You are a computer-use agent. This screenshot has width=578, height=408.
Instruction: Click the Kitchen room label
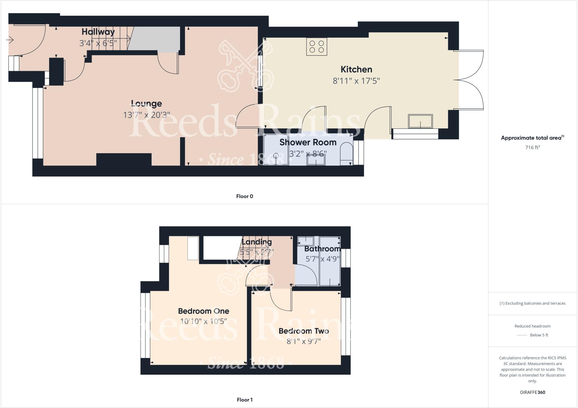point(356,69)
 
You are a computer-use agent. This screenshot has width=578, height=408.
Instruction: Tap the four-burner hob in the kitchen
point(316,47)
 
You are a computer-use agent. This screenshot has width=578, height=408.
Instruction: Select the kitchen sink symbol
point(420,121)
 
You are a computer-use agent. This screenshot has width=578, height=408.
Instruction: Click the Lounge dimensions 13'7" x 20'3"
point(146,115)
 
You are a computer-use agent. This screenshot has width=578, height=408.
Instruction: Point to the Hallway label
point(98,32)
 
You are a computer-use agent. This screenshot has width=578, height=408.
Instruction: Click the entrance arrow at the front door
point(10,40)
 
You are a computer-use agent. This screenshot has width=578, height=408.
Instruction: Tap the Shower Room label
point(308,142)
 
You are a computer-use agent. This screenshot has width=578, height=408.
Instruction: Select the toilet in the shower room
point(346,154)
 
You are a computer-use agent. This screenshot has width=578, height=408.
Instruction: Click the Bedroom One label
point(203,311)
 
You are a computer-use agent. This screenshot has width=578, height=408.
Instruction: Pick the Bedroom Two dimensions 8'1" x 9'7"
point(304,342)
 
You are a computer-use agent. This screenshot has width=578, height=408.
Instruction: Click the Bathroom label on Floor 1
point(322,249)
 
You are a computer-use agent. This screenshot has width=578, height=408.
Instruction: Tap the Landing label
point(257,242)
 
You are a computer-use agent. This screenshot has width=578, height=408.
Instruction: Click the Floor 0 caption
point(244,196)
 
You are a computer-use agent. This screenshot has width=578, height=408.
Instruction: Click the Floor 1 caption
point(244,400)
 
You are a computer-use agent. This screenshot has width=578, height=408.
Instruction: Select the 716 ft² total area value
point(532,148)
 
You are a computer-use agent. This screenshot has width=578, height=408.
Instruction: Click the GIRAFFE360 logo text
point(532,392)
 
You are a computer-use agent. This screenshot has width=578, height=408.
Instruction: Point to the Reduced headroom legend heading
point(532,326)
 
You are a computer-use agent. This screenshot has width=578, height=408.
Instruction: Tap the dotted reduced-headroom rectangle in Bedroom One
point(193,248)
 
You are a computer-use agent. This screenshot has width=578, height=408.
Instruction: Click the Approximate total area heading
point(532,138)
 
